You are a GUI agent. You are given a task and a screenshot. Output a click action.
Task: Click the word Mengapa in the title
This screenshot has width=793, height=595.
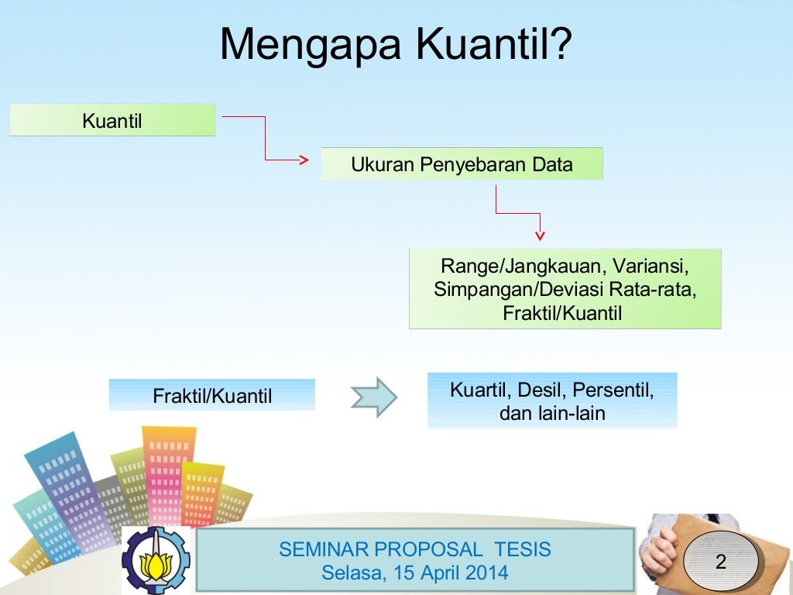(311, 45)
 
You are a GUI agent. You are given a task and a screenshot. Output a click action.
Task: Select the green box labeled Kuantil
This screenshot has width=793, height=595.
(112, 120)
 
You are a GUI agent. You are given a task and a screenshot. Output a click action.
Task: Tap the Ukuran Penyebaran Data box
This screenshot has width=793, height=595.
(462, 164)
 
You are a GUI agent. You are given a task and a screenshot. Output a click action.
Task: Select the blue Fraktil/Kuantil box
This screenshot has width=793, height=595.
(212, 396)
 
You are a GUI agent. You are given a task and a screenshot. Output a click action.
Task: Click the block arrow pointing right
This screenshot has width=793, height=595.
(373, 397)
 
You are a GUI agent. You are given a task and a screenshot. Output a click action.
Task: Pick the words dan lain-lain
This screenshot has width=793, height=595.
(551, 414)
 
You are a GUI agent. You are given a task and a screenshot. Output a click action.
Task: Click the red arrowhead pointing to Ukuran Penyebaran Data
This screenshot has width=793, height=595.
(304, 160)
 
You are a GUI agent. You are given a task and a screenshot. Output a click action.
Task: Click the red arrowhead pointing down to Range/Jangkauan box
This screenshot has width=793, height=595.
(540, 236)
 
